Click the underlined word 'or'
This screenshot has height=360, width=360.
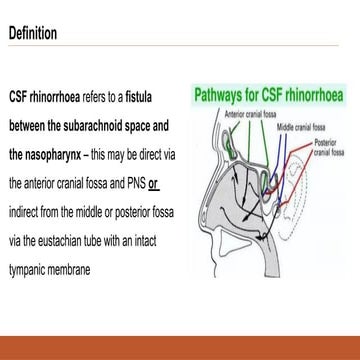(x=154, y=186)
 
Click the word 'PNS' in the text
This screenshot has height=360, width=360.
(x=133, y=186)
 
